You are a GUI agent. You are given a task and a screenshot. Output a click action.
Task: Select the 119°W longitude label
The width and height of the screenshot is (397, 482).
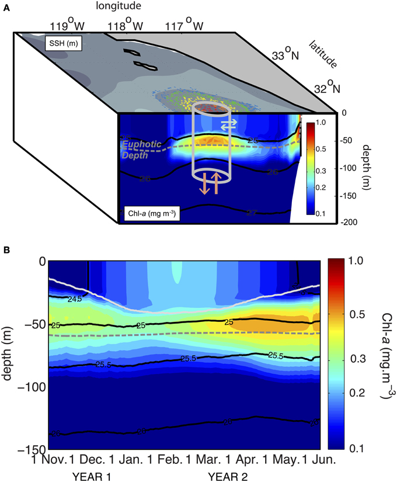pos(64,26)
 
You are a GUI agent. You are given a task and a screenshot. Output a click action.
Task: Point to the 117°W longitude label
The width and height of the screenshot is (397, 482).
pos(189,26)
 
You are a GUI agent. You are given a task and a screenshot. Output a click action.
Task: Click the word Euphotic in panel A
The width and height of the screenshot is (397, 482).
pos(141,146)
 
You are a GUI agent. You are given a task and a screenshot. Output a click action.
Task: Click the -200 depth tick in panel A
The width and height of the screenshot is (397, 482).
pos(353,223)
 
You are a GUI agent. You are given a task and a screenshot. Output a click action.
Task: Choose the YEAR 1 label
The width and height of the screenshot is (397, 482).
pos(92,476)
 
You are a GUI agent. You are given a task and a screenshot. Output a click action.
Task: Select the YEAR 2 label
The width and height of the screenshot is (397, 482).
pos(228,476)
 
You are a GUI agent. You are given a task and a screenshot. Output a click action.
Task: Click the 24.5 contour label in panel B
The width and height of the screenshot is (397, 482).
pos(74,299)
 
